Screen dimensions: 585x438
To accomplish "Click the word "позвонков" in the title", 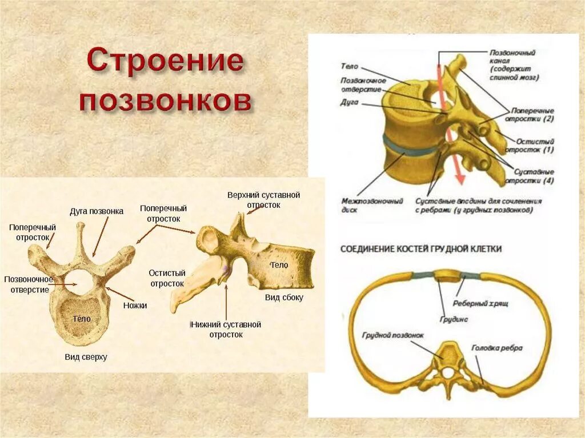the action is [166, 101].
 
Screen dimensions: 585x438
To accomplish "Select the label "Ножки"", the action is [135, 306].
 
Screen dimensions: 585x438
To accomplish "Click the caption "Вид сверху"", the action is [86, 357].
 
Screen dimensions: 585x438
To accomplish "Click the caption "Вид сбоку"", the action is [284, 298].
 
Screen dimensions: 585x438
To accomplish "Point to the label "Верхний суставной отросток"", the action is [263, 200].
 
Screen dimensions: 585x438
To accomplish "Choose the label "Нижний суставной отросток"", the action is [226, 329].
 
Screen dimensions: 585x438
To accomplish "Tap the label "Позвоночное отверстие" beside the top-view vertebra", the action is [29, 284].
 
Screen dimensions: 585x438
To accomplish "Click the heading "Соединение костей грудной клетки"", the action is [421, 249].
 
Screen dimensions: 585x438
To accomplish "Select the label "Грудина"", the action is [454, 319].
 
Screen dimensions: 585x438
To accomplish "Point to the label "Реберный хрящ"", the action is [480, 303].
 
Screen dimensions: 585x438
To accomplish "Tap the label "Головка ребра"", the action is [496, 348].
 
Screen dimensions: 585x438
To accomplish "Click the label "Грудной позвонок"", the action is [393, 336].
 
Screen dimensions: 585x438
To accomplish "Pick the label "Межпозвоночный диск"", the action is [372, 206].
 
